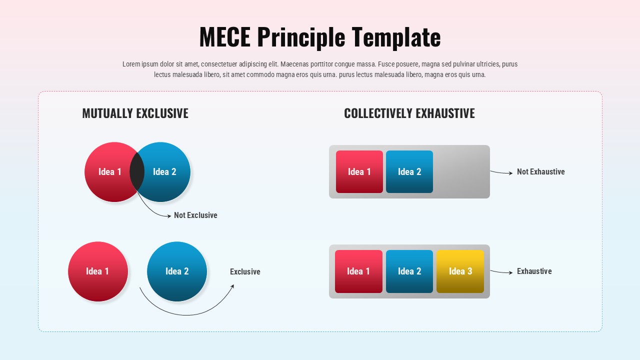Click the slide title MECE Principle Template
320,37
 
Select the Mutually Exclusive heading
135,113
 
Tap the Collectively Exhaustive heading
409,113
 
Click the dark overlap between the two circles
137,171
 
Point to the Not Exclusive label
195,215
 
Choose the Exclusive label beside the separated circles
245,272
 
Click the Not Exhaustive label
540,172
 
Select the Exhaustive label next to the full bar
534,271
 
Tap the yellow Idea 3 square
460,271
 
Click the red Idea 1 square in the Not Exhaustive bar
359,171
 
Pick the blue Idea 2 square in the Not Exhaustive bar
409,171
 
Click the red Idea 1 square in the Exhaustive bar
358,271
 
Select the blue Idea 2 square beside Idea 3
409,271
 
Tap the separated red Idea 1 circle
98,271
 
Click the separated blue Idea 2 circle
177,271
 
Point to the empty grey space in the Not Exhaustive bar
461,171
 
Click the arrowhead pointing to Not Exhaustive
510,173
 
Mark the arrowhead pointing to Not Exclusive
168,216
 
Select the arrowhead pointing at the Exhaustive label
510,272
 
